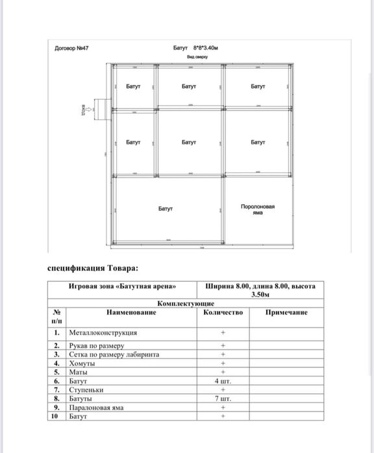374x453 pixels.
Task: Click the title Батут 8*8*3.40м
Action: point(195,49)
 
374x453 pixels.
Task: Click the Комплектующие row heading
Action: point(186,303)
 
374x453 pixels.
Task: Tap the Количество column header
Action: point(223,312)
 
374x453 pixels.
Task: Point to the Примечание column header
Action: point(286,312)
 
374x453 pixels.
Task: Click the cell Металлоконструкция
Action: point(103,332)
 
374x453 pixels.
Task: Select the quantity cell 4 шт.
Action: point(223,382)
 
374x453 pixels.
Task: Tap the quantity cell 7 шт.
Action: point(223,399)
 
